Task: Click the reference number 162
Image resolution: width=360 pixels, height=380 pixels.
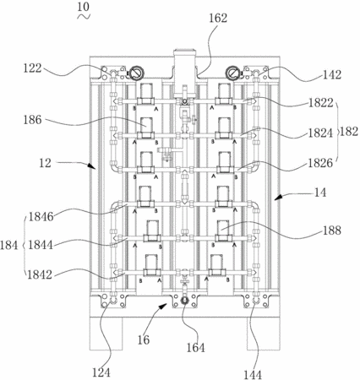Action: (x=218, y=18)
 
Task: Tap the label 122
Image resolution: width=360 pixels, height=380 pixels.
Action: (x=32, y=68)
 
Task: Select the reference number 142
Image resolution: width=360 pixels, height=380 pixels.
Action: (x=332, y=74)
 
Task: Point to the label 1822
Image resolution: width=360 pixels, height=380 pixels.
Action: (x=321, y=103)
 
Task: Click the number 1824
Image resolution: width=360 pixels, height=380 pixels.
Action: (x=321, y=133)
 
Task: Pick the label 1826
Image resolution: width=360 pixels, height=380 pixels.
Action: (x=320, y=163)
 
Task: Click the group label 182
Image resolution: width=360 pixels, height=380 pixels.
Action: (x=349, y=132)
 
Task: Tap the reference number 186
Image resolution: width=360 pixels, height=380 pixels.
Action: (x=32, y=120)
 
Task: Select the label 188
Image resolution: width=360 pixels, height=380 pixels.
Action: (x=332, y=231)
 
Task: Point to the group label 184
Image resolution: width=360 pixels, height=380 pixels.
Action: (x=9, y=245)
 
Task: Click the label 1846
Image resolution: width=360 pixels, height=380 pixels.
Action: (x=41, y=217)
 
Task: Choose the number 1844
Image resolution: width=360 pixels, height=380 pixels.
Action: (x=41, y=245)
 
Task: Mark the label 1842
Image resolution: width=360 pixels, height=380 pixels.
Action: (x=40, y=274)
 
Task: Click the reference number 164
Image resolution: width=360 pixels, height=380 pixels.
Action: (x=196, y=348)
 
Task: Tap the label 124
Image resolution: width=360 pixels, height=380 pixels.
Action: (x=101, y=372)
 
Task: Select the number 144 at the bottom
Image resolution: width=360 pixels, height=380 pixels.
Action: (x=253, y=375)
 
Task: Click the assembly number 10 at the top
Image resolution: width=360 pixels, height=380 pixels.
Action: (x=83, y=7)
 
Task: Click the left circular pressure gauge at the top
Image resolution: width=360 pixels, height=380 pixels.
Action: (x=136, y=73)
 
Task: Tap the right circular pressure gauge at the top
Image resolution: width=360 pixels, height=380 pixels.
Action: (x=232, y=73)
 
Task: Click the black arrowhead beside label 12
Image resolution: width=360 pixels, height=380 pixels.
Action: (x=92, y=166)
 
